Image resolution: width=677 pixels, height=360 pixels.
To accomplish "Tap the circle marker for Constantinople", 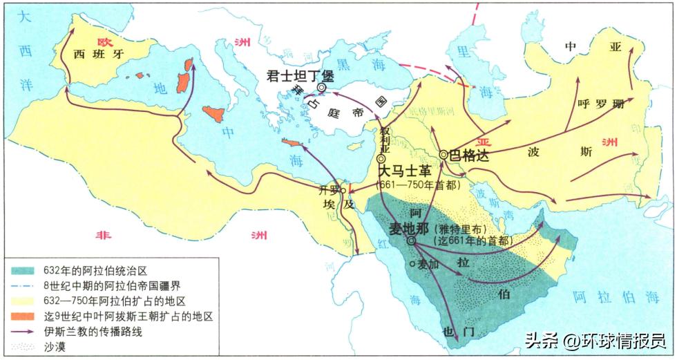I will tap(321, 88).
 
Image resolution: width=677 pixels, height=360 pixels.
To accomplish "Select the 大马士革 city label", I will tap(403, 172).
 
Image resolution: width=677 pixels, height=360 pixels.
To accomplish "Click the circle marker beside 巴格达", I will tap(444, 155).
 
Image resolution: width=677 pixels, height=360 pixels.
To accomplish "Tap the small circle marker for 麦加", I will tap(412, 263).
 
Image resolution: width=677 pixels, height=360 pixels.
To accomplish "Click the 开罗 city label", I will tap(330, 190).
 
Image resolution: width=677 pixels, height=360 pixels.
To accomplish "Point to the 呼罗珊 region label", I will tap(600, 105).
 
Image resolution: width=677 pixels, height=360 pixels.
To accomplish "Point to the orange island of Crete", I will tap(294, 142).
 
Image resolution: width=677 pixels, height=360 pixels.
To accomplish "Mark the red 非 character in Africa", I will tap(104, 235).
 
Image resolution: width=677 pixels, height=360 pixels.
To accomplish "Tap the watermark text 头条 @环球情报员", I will tap(595, 341).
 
